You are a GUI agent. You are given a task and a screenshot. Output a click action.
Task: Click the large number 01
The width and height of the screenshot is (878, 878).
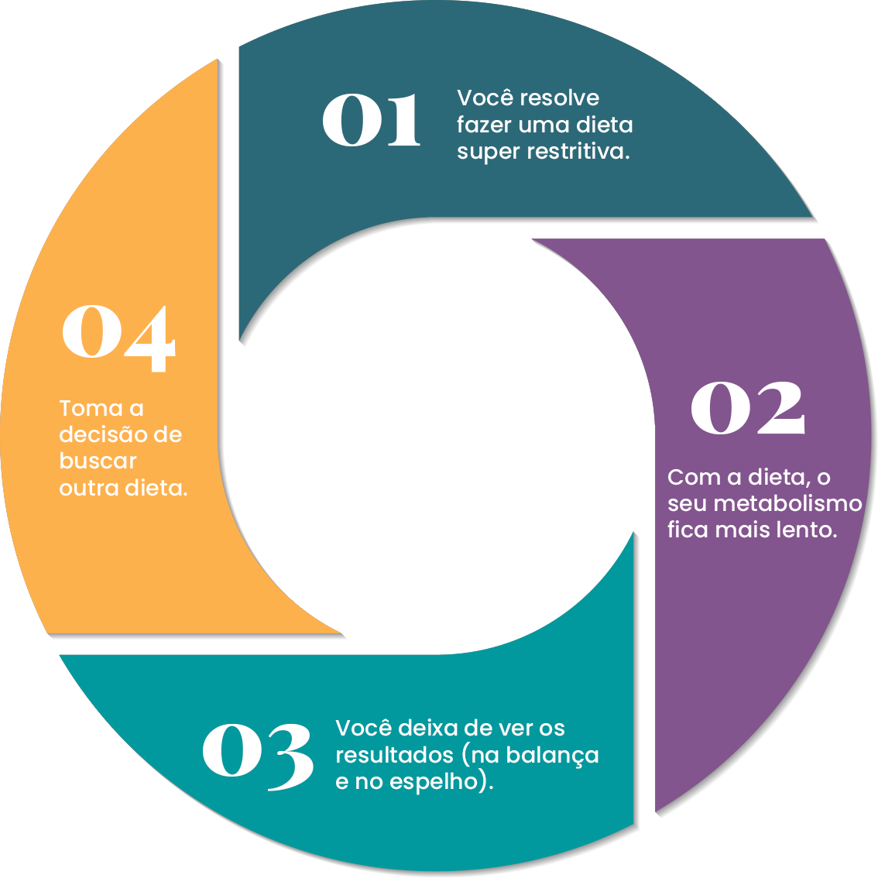[x=371, y=120]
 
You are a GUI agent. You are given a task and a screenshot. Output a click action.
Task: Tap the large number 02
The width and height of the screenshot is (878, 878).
[x=748, y=407]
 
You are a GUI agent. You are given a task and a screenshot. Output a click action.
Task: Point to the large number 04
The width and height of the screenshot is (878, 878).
[x=118, y=338]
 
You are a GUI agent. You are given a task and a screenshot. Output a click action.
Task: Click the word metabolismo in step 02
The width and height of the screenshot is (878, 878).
[x=787, y=503]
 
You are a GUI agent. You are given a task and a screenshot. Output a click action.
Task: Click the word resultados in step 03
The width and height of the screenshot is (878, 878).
[x=394, y=755]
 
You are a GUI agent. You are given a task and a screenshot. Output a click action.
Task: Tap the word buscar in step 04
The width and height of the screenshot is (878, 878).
[x=98, y=461]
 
